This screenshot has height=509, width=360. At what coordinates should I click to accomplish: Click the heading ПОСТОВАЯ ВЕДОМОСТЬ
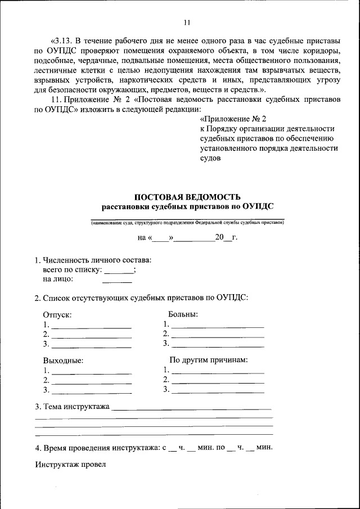click(187, 197)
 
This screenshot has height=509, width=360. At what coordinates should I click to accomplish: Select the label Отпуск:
click(57, 316)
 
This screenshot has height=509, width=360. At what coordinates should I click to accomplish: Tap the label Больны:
click(183, 314)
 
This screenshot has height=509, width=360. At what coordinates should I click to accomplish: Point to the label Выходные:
click(63, 361)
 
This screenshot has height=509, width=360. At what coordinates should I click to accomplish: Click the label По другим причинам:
click(209, 360)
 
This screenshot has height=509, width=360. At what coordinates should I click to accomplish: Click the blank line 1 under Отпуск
click(92, 326)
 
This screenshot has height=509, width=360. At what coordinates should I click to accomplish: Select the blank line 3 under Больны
click(218, 344)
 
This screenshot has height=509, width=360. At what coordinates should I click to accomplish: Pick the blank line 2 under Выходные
click(92, 381)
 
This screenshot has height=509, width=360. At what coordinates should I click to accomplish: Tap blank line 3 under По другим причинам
click(218, 390)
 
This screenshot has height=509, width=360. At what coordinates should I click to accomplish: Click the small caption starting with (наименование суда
click(187, 223)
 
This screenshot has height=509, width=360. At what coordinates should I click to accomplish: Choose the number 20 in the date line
click(219, 237)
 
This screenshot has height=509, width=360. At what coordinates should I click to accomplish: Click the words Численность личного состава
click(97, 260)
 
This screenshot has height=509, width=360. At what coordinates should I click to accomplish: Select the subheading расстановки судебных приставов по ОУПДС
click(187, 206)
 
